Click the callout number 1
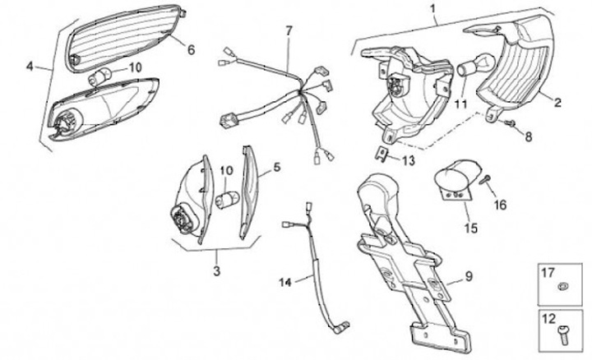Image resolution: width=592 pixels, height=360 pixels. [x=433, y=9]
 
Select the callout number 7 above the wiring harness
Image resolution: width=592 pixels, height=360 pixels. [x=289, y=31]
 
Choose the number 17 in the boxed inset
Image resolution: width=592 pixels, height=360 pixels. [x=548, y=270]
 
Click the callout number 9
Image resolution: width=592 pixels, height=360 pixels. [x=468, y=276]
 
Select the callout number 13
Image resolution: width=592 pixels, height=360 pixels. [x=409, y=162]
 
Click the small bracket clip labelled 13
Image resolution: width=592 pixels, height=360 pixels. [x=382, y=150]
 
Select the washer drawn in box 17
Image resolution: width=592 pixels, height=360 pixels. [x=562, y=285]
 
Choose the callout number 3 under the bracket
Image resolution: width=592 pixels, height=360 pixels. [x=216, y=270]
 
